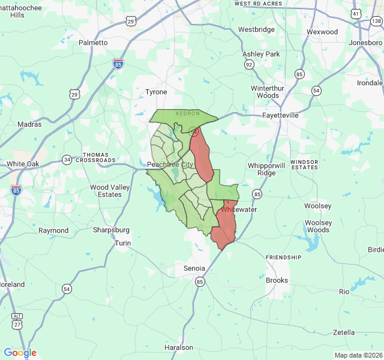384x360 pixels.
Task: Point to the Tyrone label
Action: [156, 92]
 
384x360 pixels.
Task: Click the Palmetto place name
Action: [93, 43]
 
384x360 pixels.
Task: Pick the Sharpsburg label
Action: [111, 230]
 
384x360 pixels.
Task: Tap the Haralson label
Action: [179, 347]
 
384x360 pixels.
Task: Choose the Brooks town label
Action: [277, 280]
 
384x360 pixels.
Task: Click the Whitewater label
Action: [239, 209]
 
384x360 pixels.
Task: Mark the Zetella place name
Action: [344, 332]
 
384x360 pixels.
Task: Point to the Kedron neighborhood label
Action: [187, 113]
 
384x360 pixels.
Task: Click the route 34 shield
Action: [67, 160]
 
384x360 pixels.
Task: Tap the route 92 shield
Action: [248, 64]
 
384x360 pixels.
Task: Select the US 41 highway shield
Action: [356, 13]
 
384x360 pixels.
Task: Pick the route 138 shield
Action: [376, 22]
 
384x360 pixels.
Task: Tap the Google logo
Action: [20, 353]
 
